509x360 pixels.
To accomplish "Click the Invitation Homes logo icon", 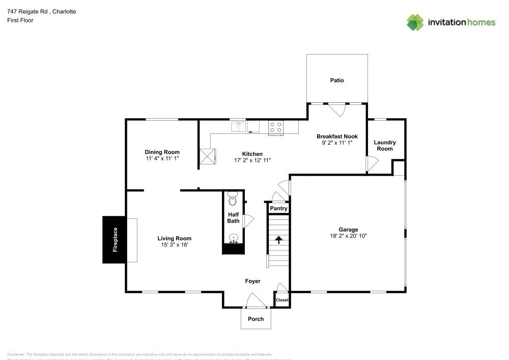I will coord(415,22).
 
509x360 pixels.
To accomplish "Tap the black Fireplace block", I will coord(115,240).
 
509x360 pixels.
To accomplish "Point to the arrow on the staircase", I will coord(278,239).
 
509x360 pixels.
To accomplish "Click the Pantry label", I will coord(278,209).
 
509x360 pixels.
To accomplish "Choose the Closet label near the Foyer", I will coord(282,300).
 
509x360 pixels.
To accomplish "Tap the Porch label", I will coord(256,319).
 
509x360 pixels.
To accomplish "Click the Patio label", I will coord(336,80).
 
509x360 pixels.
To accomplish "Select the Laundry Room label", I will coord(384,146).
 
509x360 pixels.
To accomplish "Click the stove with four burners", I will coord(276,127).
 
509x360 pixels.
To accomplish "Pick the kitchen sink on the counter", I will coord(238,126).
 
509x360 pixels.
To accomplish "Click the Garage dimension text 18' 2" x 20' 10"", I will coord(348,236).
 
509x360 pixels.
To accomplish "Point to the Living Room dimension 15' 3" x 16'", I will coord(174,245).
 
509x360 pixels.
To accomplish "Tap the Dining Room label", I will coord(162,152).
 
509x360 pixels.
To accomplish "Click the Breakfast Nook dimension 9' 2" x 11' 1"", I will coord(337,143).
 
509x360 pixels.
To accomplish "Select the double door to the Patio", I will coord(336,108).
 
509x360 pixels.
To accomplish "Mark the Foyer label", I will coord(252,281).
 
